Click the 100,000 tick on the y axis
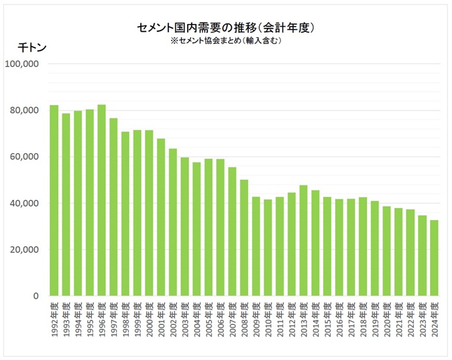point(23,64)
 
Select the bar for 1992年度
point(55,201)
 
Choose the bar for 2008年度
point(244,238)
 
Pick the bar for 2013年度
point(303,240)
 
